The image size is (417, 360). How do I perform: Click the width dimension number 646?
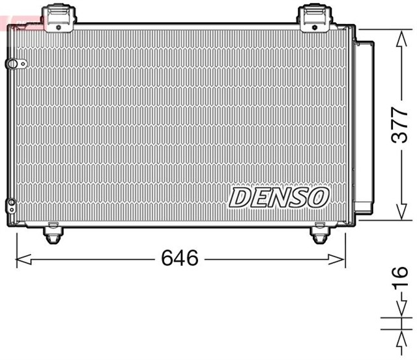point(180,258)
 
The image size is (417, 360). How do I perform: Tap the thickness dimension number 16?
point(399,278)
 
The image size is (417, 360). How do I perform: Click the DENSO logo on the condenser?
point(279,197)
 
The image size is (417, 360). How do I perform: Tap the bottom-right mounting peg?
point(319,234)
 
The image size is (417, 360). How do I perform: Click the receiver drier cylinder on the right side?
point(364,124)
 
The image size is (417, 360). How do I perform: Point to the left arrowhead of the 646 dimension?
point(21,260)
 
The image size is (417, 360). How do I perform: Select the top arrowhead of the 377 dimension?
point(399,36)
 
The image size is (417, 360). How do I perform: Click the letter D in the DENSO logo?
point(239,197)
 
